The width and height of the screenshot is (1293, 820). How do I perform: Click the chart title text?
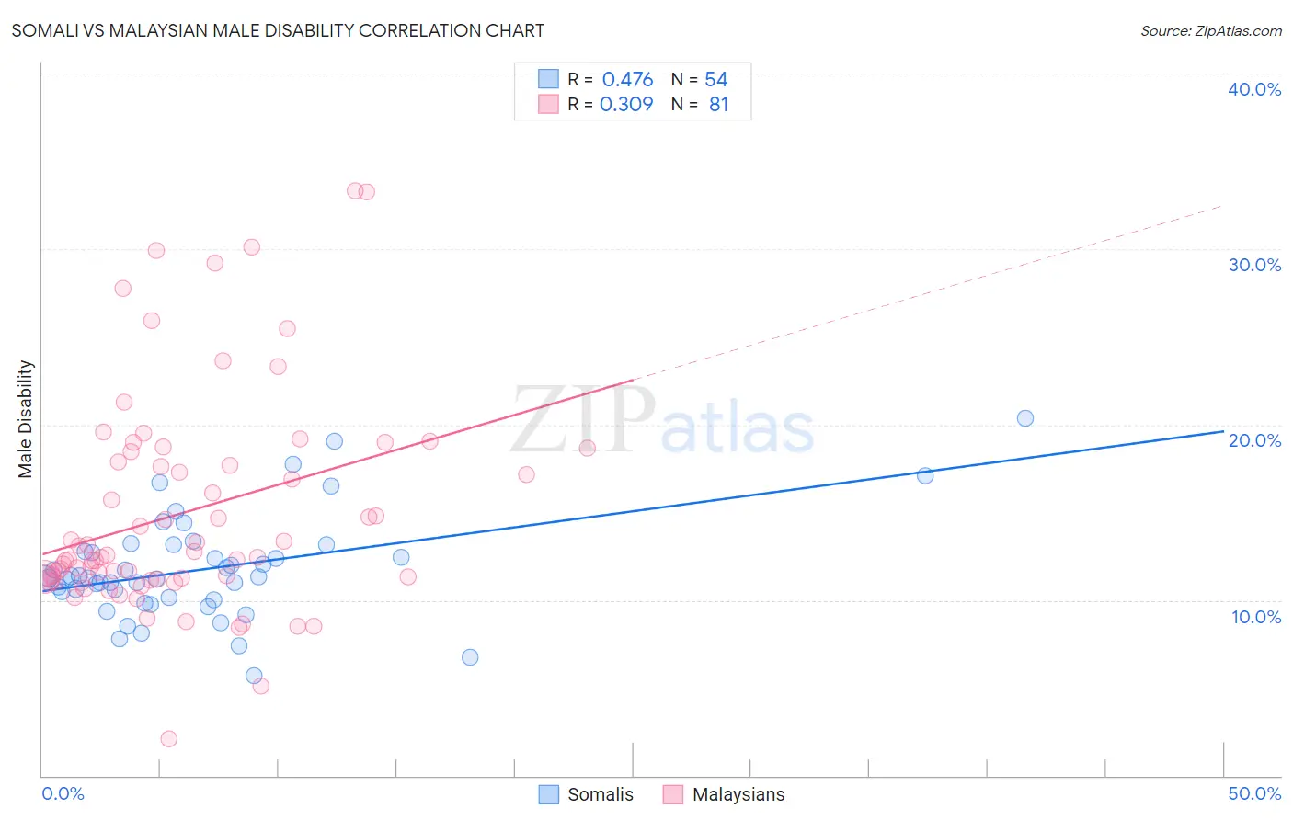tap(278, 30)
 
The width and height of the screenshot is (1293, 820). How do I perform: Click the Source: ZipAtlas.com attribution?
tap(1210, 30)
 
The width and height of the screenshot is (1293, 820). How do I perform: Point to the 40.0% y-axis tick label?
tap(1254, 89)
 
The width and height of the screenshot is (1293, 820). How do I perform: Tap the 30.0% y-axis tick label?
tap(1254, 265)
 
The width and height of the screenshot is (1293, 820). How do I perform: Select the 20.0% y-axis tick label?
tap(1254, 440)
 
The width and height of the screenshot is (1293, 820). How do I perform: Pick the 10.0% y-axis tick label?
tap(1255, 617)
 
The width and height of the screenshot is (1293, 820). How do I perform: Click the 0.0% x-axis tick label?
tap(63, 793)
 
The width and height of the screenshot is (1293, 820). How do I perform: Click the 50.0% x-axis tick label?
tap(1254, 793)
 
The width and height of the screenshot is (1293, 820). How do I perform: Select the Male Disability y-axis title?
tap(25, 418)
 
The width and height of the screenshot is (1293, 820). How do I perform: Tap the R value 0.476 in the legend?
tap(627, 79)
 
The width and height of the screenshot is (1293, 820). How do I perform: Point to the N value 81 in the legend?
tap(718, 104)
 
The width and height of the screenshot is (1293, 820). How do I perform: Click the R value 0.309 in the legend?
tap(626, 104)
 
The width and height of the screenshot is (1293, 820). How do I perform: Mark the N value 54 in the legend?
tap(715, 79)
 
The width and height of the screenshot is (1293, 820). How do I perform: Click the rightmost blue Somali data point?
tap(1025, 418)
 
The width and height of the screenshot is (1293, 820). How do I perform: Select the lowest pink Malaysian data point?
tap(168, 739)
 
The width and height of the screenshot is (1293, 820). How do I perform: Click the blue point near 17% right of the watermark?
tap(925, 475)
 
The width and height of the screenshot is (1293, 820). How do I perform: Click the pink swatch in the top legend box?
tap(548, 104)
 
